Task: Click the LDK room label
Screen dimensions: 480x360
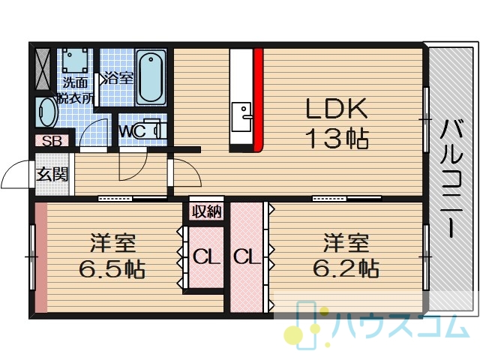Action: tap(337, 108)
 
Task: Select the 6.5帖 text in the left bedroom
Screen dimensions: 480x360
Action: tap(112, 268)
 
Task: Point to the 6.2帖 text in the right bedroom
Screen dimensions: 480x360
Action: tap(346, 268)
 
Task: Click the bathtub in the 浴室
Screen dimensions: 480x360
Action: tap(151, 77)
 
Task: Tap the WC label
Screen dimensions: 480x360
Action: tap(132, 132)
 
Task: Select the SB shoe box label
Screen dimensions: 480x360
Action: tap(52, 141)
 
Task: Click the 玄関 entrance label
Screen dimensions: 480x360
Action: tap(52, 175)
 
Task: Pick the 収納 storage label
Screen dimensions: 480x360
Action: tap(207, 211)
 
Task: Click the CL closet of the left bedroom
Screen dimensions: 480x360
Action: tap(206, 256)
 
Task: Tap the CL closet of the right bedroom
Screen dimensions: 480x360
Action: tap(247, 256)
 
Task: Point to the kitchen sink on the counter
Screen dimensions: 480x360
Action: tap(241, 117)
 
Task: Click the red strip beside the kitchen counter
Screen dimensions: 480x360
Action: tap(258, 100)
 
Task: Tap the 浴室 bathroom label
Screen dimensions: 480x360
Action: tap(118, 78)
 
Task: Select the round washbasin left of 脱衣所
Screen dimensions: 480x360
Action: tap(46, 112)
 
